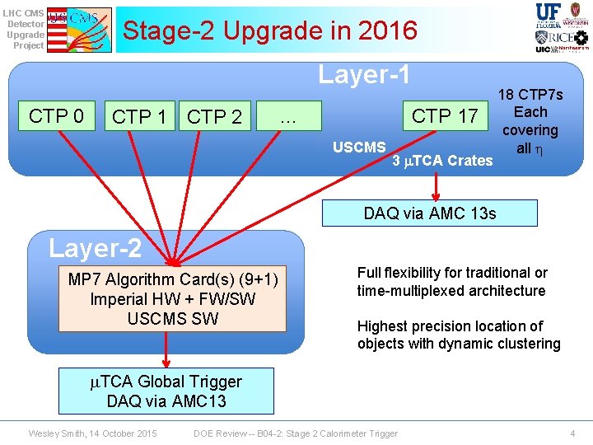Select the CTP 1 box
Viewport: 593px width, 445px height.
point(139,117)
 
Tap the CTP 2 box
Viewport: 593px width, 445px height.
point(214,117)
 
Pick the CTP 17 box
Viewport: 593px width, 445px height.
point(444,116)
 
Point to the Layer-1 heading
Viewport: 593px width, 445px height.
point(364,75)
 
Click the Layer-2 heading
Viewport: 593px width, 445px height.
point(95,247)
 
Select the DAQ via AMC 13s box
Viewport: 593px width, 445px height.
point(430,213)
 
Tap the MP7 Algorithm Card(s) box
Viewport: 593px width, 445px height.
point(173,298)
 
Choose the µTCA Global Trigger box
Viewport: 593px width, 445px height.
point(166,391)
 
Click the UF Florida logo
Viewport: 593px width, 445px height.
point(549,14)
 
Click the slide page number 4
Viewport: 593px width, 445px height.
point(572,433)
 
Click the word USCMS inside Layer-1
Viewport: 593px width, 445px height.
point(359,148)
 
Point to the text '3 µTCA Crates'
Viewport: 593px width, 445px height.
point(442,161)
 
